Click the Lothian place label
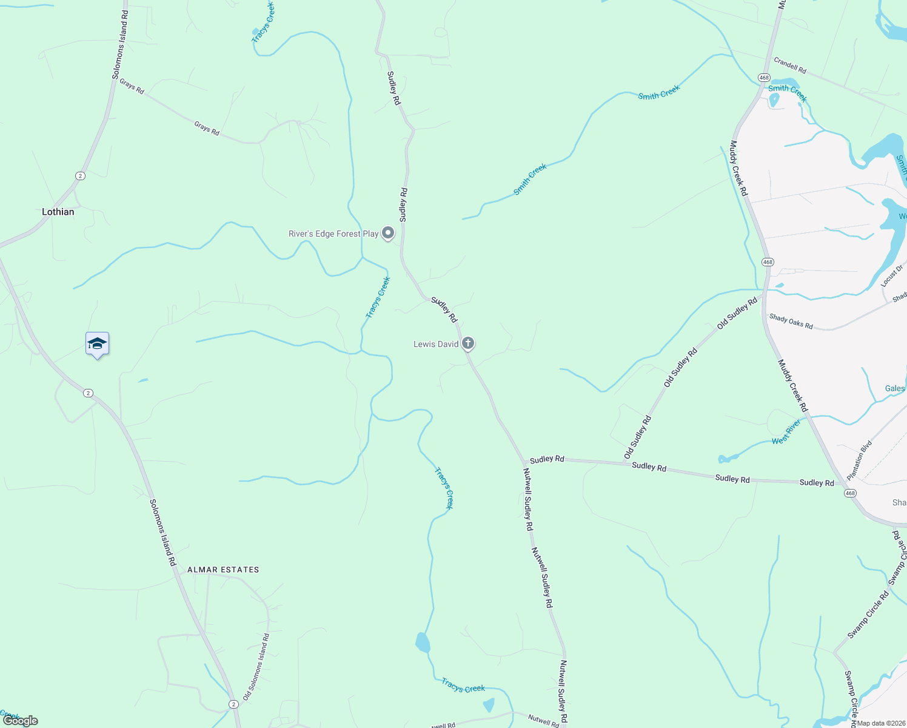tap(58, 212)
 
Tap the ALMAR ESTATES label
tap(223, 570)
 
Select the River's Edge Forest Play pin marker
tap(388, 233)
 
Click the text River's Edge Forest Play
tap(333, 234)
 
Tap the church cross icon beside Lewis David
tap(468, 343)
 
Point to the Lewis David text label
tap(436, 344)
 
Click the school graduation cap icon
tap(97, 344)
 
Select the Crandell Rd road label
tap(790, 66)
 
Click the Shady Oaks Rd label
tap(791, 321)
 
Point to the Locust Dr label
tap(892, 275)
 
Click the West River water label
tap(786, 432)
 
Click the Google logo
tap(20, 721)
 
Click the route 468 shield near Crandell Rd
tap(764, 78)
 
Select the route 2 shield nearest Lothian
tap(81, 176)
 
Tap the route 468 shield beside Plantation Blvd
tap(850, 493)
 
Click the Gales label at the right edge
tap(895, 388)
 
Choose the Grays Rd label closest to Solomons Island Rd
tap(132, 86)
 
